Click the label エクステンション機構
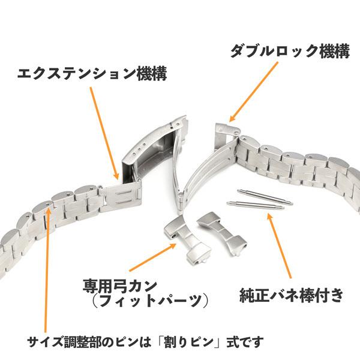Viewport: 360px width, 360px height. pyautogui.click(x=92, y=74)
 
